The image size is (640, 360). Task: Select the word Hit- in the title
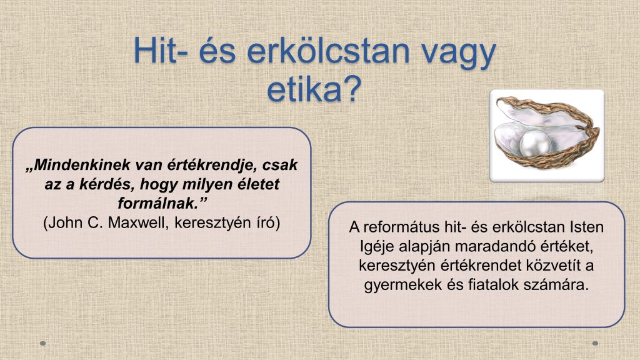point(161,51)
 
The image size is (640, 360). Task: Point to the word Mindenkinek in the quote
point(83,165)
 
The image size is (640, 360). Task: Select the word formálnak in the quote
point(157,203)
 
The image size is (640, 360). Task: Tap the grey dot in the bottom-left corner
point(43,344)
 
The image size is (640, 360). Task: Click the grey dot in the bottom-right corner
point(595,344)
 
